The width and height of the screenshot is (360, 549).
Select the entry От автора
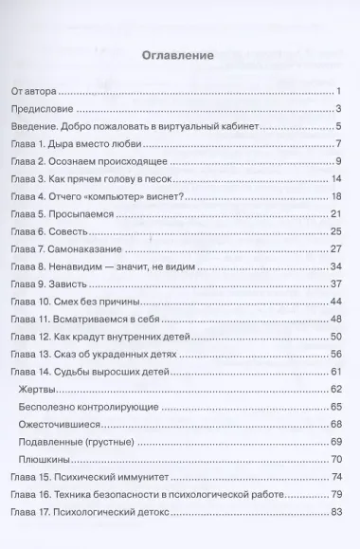33,91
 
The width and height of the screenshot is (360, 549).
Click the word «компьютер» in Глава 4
113,197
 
